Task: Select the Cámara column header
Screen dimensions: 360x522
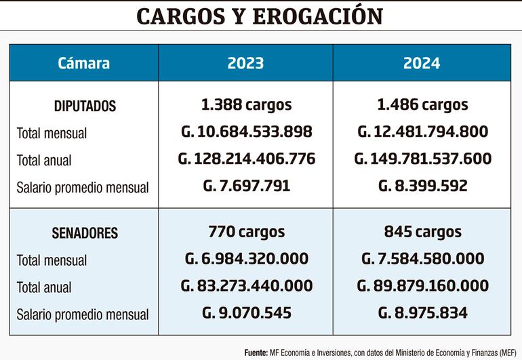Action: (83, 63)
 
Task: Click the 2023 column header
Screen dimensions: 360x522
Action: (245, 63)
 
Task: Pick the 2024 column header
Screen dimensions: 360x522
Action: (422, 63)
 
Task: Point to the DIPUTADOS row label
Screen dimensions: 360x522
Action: (85, 106)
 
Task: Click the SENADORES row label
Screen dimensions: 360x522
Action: (85, 233)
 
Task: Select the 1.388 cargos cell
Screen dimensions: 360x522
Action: (245, 105)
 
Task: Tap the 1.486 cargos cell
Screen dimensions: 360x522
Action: (422, 105)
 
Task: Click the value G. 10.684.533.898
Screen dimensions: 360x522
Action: (245, 132)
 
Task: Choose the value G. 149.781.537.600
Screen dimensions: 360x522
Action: (422, 159)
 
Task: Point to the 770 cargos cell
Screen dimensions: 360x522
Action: (246, 232)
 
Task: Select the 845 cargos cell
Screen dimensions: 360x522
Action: (422, 232)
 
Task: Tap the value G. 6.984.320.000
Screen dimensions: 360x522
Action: (246, 258)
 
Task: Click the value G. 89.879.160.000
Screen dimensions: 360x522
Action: (422, 285)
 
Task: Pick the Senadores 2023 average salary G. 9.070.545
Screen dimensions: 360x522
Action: (246, 313)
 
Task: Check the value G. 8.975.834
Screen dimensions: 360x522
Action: (422, 313)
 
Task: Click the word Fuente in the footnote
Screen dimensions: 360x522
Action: (256, 353)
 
